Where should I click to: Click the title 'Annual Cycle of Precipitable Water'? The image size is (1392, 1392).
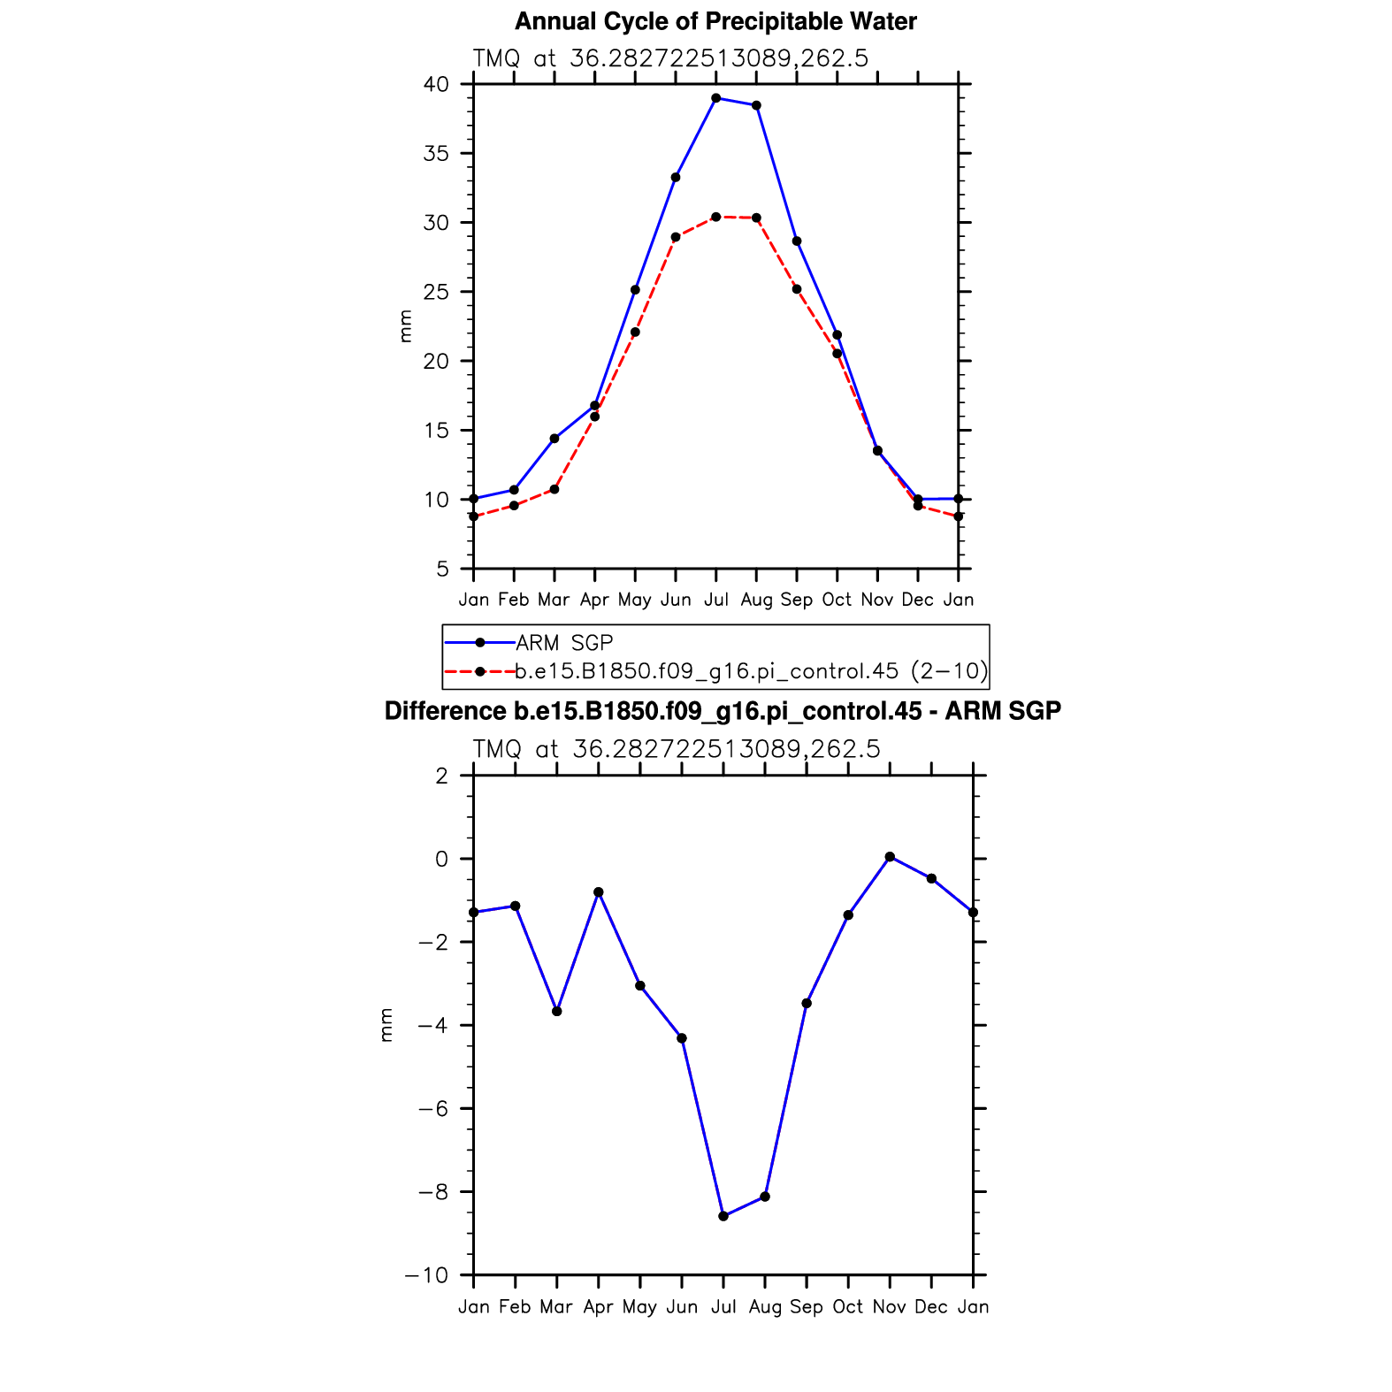715,21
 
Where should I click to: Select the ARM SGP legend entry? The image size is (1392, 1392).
564,643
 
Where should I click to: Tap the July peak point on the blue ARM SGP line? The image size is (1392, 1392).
715,98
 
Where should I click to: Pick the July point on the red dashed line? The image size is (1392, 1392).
715,217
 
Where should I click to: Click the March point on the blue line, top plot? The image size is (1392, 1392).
555,439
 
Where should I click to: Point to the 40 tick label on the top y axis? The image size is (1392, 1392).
436,85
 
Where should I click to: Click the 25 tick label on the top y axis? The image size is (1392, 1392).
436,292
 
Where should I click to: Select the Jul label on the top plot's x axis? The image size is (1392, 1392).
715,600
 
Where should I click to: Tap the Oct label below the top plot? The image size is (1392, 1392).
837,600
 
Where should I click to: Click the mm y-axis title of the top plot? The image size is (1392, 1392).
405,326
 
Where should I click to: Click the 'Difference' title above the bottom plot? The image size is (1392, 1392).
723,712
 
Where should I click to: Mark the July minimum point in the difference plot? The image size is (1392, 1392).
723,1216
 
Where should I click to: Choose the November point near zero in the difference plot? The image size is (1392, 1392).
890,857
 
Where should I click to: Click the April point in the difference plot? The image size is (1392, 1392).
599,892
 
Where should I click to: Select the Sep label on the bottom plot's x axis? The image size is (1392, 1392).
807,1307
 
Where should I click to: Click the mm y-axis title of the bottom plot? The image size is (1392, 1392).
386,1025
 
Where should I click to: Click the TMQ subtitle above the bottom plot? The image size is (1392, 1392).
677,750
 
